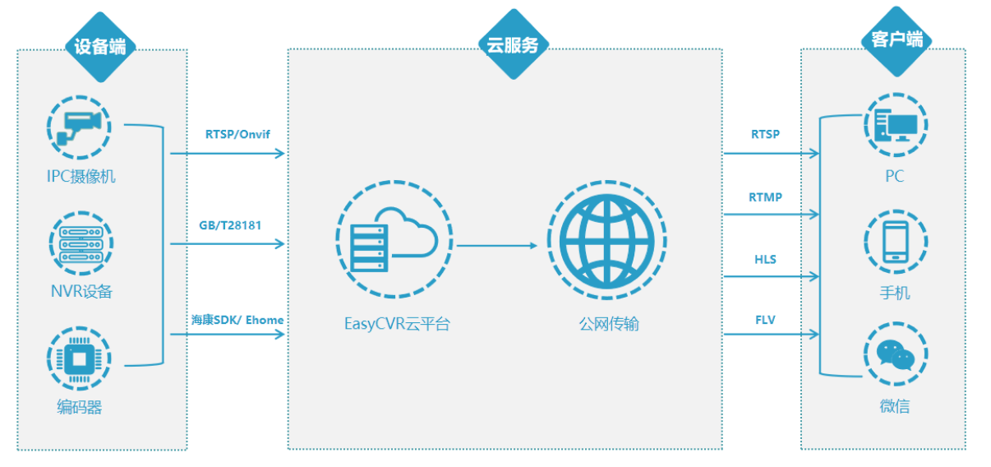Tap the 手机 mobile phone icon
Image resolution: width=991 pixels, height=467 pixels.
pyautogui.click(x=895, y=243)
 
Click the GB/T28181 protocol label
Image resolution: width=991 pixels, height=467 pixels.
pyautogui.click(x=230, y=224)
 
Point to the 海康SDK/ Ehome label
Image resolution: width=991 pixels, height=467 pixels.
pyautogui.click(x=237, y=320)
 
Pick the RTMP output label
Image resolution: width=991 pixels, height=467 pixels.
pyautogui.click(x=765, y=197)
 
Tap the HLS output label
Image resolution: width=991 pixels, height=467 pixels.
pyautogui.click(x=765, y=260)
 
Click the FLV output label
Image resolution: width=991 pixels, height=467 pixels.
pyautogui.click(x=765, y=320)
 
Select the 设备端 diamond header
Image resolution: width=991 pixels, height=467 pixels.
pyautogui.click(x=100, y=47)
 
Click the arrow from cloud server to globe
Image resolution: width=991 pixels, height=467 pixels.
pyautogui.click(x=496, y=245)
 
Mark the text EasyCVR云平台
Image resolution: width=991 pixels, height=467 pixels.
pyautogui.click(x=397, y=323)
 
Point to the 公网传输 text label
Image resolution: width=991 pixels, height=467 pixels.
pyautogui.click(x=608, y=323)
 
